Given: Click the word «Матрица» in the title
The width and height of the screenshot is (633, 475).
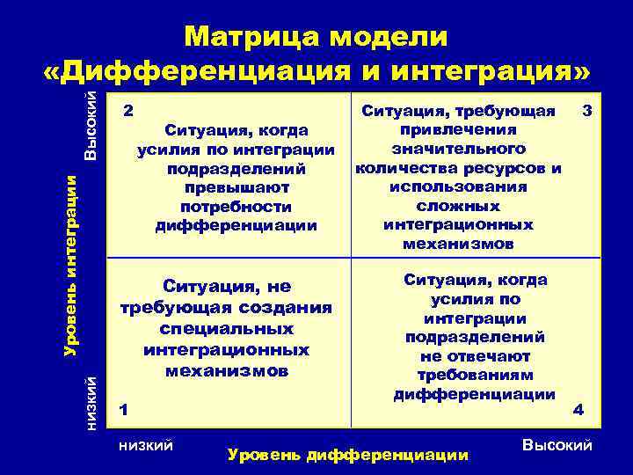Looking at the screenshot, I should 250,38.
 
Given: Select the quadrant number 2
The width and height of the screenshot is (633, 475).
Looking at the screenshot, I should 128,113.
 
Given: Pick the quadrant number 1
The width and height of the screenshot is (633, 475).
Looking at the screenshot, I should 124,409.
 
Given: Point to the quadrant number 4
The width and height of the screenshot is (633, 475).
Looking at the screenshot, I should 578,410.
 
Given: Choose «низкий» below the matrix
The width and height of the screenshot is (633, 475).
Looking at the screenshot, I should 145,446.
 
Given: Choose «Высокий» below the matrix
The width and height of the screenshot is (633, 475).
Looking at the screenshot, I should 557,446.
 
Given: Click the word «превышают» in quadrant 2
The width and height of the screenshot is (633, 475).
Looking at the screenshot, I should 236,187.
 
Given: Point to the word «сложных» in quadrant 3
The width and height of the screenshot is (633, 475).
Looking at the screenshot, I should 471,206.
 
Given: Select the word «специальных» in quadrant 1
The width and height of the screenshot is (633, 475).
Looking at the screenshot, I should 227,327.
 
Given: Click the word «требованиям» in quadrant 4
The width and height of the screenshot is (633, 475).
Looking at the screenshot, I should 475,376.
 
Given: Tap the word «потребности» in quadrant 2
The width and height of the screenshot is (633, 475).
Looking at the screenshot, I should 236,207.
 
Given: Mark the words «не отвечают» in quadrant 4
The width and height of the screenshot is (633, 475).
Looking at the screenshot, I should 475,356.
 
